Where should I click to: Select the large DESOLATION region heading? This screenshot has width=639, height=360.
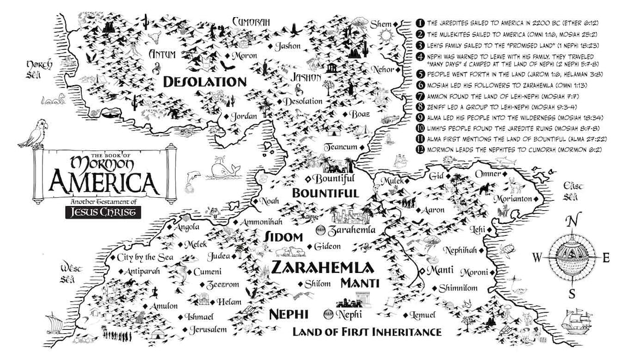coord(196,81)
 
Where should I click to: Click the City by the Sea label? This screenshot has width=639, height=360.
coord(144,257)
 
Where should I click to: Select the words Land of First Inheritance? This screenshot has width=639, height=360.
coord(367,332)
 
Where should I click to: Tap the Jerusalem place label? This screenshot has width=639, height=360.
coord(208,329)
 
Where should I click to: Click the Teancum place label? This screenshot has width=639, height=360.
coord(340,147)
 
